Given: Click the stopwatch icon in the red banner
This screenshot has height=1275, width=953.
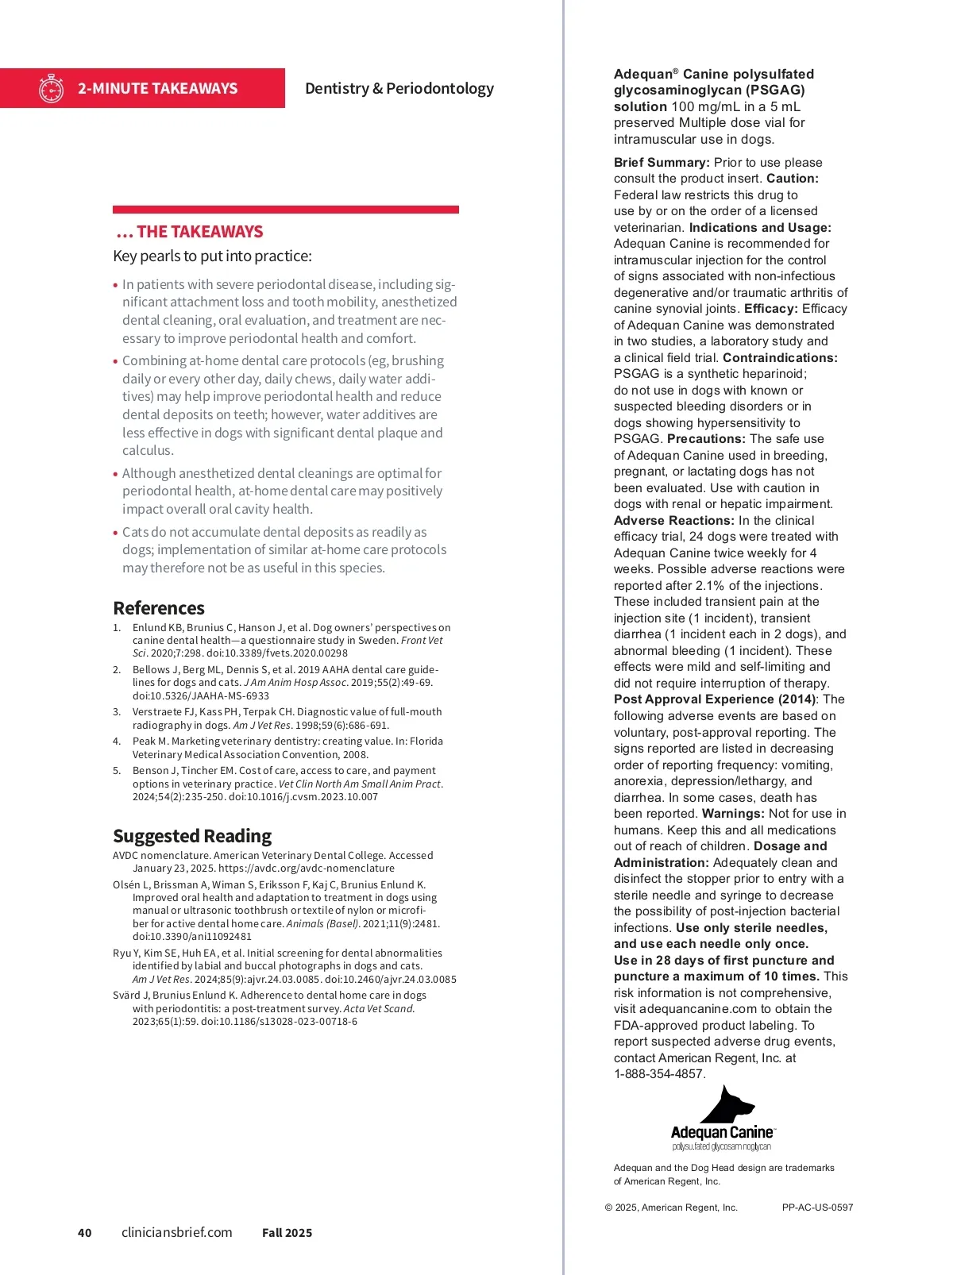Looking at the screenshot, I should (x=51, y=88).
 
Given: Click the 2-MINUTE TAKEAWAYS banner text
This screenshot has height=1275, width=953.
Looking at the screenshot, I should (x=157, y=88).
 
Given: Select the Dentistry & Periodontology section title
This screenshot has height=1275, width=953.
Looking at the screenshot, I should (x=399, y=88).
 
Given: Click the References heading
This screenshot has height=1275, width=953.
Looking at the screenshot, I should (x=159, y=608).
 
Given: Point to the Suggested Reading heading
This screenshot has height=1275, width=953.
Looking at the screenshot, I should (x=192, y=836).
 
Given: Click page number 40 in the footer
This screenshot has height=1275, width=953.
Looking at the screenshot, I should (x=84, y=1233).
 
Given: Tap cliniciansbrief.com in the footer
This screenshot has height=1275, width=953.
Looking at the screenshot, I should (x=176, y=1232).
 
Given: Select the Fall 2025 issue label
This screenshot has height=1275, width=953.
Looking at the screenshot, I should (x=287, y=1233).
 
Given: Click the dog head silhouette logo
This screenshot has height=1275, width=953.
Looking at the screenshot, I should (x=728, y=1104).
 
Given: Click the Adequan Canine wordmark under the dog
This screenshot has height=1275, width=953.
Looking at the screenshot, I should (x=722, y=1132).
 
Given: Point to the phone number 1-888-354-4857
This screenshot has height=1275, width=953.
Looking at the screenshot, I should (x=659, y=1074).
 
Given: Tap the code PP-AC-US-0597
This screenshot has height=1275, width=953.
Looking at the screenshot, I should (x=817, y=1208).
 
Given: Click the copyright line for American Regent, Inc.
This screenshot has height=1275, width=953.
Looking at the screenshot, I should (x=671, y=1208).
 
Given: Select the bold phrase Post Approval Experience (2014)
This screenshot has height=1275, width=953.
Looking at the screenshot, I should (x=715, y=699).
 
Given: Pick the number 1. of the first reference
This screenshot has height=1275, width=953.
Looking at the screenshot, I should (x=117, y=628).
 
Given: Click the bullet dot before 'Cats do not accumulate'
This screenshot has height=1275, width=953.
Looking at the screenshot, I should (x=116, y=533).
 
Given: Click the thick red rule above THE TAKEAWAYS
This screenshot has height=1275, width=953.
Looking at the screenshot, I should (x=286, y=210).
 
